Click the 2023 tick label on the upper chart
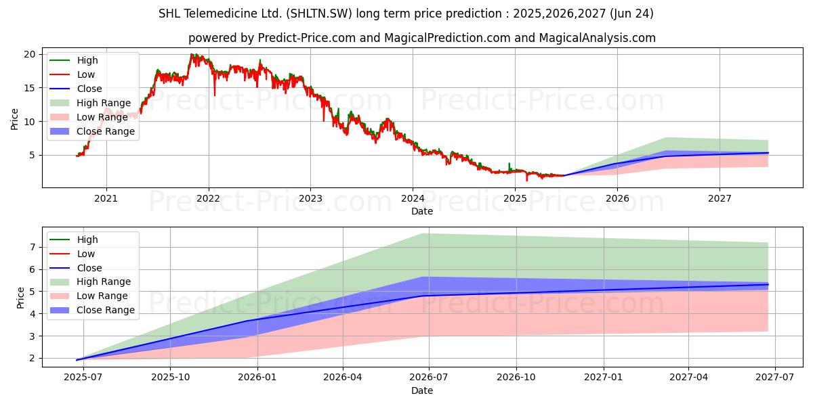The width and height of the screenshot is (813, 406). tap(310, 198)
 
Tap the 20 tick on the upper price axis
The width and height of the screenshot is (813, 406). tap(28, 54)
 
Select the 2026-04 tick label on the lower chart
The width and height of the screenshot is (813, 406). tap(343, 378)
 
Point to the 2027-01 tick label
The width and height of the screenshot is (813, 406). tap(603, 378)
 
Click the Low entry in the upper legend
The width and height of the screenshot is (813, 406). tap(86, 74)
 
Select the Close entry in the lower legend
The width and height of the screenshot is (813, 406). tap(89, 268)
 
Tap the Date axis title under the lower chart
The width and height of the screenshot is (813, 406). tap(422, 390)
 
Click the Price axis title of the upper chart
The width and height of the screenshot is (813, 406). tap(15, 119)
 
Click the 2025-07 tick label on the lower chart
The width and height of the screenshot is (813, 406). tap(83, 378)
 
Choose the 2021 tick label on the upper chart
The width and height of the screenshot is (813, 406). tap(106, 198)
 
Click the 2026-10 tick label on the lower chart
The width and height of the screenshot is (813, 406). tap(516, 378)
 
